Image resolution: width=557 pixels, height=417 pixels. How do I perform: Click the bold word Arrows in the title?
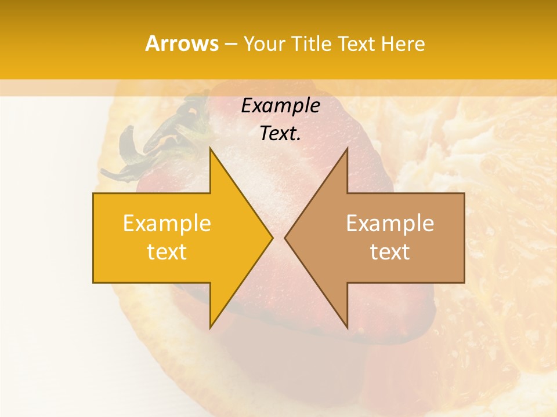coord(182,43)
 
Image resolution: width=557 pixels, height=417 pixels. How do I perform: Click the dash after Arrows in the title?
coord(230,44)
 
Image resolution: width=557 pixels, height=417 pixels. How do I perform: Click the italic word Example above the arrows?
coord(280,106)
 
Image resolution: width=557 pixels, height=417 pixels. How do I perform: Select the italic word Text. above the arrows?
coord(280,133)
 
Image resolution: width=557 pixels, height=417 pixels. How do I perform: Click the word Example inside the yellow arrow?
coord(167,223)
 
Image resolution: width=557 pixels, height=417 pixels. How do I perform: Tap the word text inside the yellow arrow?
coord(167,252)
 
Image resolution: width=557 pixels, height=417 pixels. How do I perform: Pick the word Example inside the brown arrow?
coord(390,223)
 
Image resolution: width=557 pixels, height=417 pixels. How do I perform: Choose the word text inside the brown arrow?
coord(390,252)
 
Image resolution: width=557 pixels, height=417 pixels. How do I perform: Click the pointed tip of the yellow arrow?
coord(272,237)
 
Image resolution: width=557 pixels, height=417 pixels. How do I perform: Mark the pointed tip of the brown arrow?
coord(285,237)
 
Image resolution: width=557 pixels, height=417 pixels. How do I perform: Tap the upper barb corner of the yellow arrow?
coord(210,149)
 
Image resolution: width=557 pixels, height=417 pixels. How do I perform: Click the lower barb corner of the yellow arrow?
coord(210,327)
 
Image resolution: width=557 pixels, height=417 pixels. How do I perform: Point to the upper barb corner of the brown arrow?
coord(347,149)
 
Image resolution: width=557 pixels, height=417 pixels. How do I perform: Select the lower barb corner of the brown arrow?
coord(347,327)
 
